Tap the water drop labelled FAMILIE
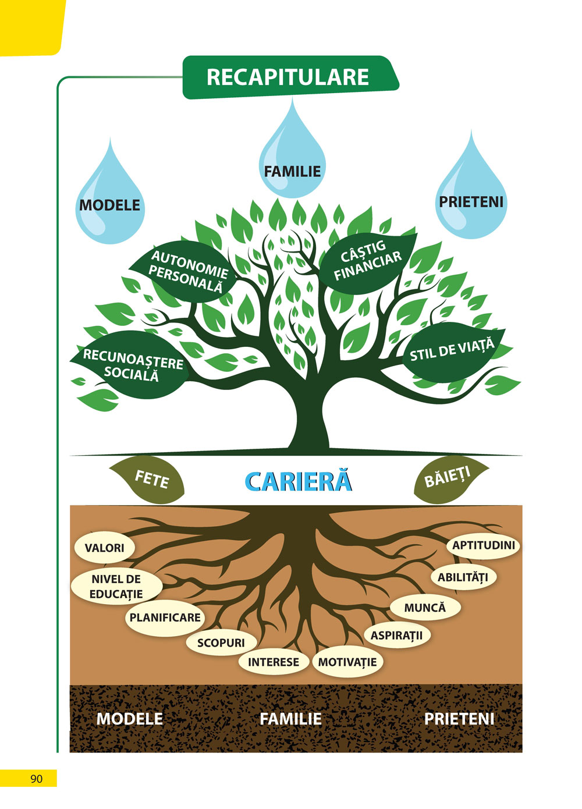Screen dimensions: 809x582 point(292,163)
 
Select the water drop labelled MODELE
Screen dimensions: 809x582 point(110,201)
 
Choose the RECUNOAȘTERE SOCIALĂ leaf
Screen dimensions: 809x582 point(132,365)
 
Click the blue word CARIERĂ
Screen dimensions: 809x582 point(299,482)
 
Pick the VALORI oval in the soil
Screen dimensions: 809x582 point(105,548)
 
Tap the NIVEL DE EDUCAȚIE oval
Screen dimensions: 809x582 point(116,587)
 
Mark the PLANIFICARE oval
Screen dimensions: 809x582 point(165,618)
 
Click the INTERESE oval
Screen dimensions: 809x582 point(273,662)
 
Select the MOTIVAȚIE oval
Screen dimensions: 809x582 point(347,662)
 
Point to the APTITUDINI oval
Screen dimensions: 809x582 point(484,545)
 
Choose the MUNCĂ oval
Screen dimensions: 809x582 point(425,608)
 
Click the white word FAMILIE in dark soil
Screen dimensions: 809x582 point(290,719)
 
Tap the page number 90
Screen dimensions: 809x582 point(36,779)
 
